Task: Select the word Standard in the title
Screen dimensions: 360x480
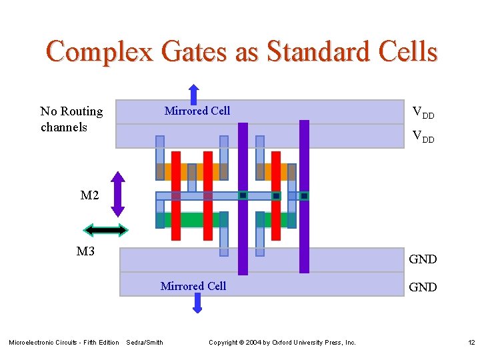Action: coord(305,51)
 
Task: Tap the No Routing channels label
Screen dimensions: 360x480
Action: coord(71,119)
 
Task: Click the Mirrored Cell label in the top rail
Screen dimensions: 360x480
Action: coord(197,111)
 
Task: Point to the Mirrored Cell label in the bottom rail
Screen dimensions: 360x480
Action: coord(193,286)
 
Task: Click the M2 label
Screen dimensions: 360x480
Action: coord(90,195)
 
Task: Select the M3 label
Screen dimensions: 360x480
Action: coord(85,251)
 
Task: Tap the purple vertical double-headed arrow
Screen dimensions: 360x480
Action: coord(117,194)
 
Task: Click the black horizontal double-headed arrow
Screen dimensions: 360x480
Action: coord(105,230)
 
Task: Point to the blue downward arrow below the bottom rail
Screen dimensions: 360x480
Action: coord(197,303)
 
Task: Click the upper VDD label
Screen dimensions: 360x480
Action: coord(423,112)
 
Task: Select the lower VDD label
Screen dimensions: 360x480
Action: coord(423,137)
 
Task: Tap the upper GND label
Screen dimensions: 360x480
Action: coord(423,259)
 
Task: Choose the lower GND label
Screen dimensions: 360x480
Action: coord(423,287)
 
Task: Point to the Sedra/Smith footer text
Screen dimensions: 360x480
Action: coord(145,343)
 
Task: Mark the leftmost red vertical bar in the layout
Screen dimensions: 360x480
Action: coord(176,195)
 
